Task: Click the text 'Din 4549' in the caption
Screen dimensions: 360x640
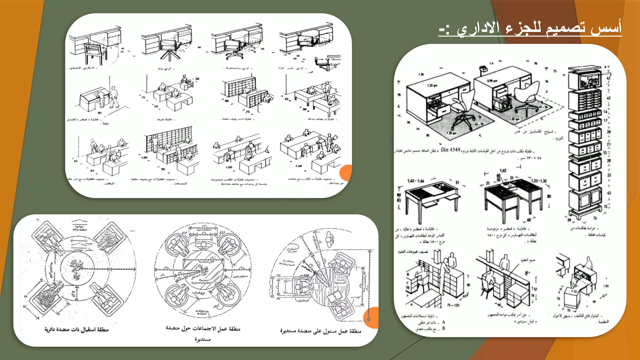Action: pyautogui.click(x=450, y=150)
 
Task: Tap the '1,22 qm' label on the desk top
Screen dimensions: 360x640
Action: pyautogui.click(x=432, y=85)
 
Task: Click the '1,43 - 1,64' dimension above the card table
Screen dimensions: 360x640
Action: pyautogui.click(x=416, y=181)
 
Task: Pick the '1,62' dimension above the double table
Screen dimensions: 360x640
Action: pyautogui.click(x=503, y=170)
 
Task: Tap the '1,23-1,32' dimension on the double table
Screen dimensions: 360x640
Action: pyautogui.click(x=539, y=181)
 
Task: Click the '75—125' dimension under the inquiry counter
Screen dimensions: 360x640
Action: pyautogui.click(x=453, y=305)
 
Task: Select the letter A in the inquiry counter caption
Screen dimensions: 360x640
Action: pyautogui.click(x=443, y=322)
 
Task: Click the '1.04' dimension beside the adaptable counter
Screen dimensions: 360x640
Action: pyautogui.click(x=606, y=286)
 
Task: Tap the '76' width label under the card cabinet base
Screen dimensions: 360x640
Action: pyautogui.click(x=595, y=218)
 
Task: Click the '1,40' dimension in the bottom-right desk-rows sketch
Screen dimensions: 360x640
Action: pyautogui.click(x=298, y=166)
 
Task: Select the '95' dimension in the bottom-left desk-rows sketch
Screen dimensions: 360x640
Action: pyautogui.click(x=76, y=161)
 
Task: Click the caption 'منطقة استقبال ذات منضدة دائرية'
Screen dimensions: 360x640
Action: pyautogui.click(x=76, y=329)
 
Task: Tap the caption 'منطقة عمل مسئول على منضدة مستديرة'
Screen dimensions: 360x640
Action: pyautogui.click(x=320, y=331)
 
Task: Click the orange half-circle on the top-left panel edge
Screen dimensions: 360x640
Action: pyautogui.click(x=346, y=173)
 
